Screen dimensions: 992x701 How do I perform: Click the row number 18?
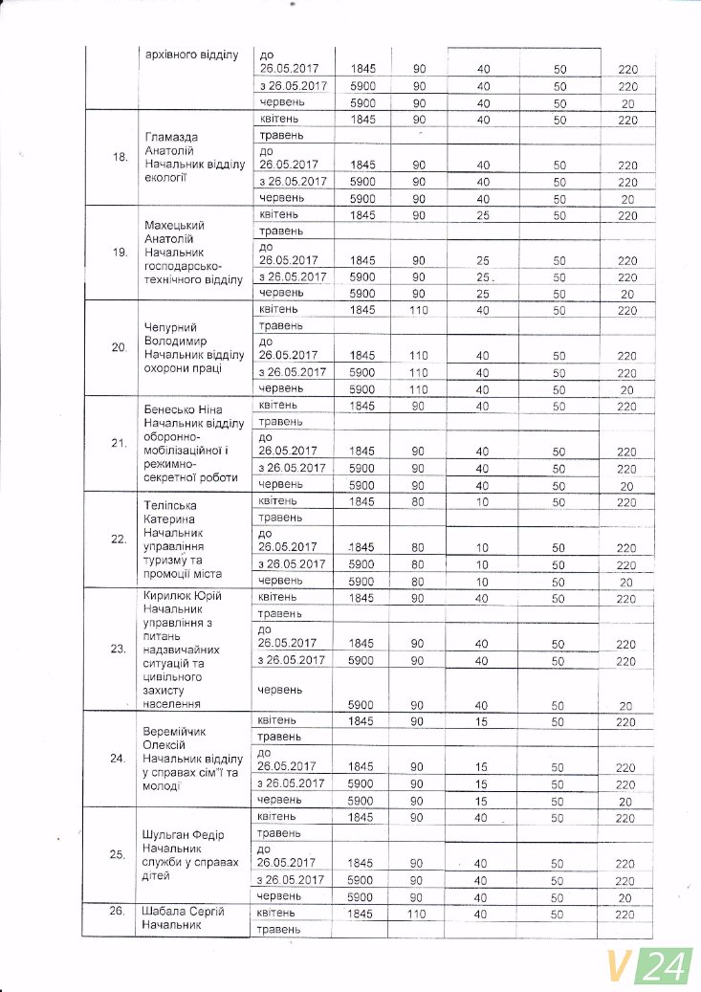120,157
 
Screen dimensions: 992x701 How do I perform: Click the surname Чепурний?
167,327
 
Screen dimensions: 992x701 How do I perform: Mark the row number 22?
120,539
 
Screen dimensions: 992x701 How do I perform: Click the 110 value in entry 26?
419,914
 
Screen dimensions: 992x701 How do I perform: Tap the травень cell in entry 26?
280,929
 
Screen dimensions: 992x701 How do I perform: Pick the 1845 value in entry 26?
363,914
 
